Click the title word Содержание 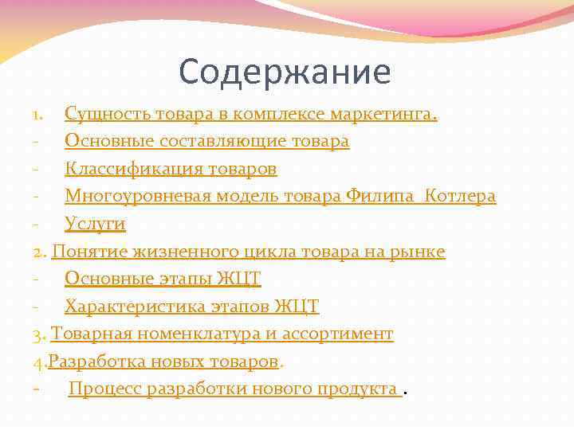(x=285, y=72)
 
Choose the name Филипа (x=383, y=197)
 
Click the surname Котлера (x=461, y=197)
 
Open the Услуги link (x=95, y=225)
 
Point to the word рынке (x=419, y=252)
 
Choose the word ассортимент (x=343, y=334)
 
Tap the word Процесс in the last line (x=105, y=389)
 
